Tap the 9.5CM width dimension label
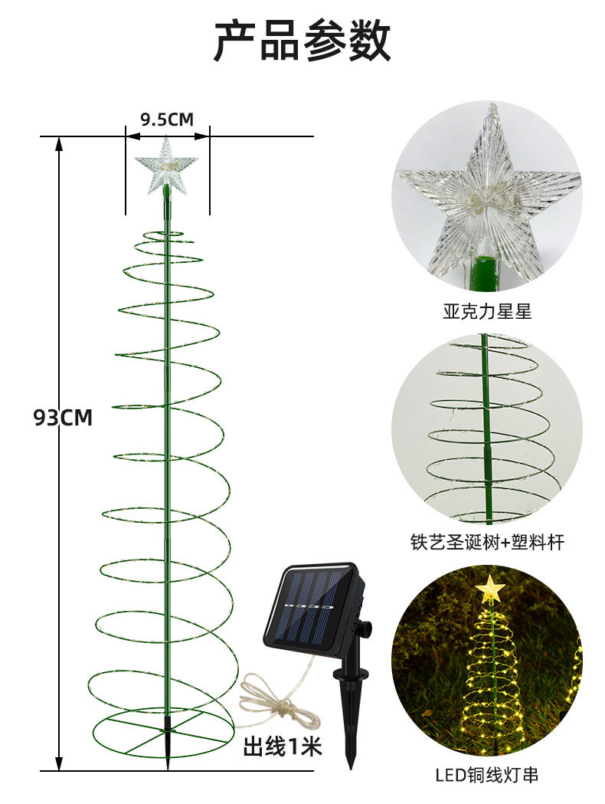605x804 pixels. [167, 119]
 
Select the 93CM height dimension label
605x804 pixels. [63, 418]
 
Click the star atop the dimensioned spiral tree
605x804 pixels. [166, 163]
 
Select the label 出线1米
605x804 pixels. [283, 746]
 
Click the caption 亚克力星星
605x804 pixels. [486, 311]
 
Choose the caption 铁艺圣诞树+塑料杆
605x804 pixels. [487, 543]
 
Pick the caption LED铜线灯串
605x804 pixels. [487, 775]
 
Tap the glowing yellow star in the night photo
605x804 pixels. [489, 589]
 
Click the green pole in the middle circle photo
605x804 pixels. [485, 429]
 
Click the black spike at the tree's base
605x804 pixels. [168, 740]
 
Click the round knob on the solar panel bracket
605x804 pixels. [365, 628]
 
